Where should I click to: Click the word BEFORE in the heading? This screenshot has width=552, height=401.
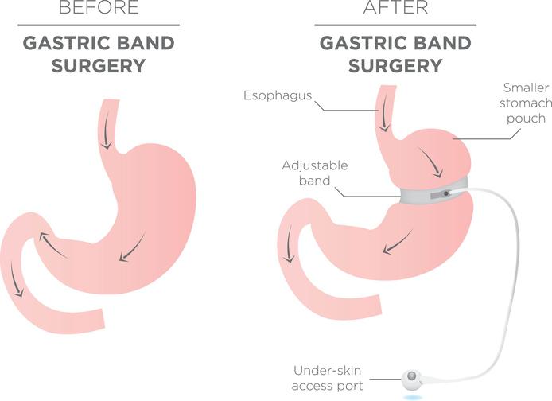coord(99,8)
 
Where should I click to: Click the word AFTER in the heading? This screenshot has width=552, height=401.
coord(396,8)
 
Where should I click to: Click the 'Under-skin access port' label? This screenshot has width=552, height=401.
coord(328,377)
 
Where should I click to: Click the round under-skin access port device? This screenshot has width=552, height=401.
coord(413,376)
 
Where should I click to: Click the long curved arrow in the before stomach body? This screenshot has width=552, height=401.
coord(133,246)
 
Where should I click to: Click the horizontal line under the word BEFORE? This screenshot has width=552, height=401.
coord(99,25)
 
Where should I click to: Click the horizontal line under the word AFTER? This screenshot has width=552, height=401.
coord(396,25)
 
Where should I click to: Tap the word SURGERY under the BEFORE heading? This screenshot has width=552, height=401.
coord(99,65)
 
